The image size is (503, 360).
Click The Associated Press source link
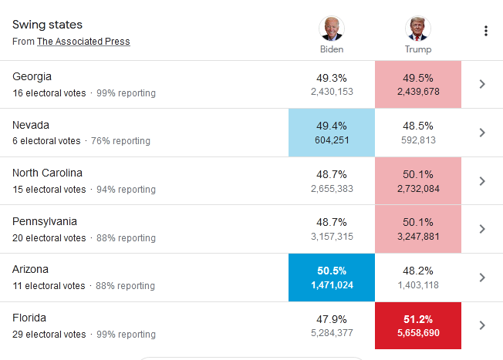coord(83,42)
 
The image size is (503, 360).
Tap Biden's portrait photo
coord(332,29)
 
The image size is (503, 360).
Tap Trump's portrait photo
coord(417,29)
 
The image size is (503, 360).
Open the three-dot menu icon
coord(485,31)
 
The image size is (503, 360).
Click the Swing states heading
coord(47,25)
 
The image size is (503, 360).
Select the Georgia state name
coord(32,76)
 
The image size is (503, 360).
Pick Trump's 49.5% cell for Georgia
coord(417,84)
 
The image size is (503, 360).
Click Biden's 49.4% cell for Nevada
coord(332,133)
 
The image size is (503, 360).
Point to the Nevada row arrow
coord(482,133)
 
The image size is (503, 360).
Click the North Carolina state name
coord(47,173)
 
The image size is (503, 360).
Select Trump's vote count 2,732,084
coord(417,189)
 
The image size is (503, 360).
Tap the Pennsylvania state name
coord(45,221)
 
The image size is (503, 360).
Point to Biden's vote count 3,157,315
coord(332,237)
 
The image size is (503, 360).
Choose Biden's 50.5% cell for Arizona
coord(332,278)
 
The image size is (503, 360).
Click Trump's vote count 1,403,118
coord(417,285)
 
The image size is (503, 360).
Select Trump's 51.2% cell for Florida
coord(417,325)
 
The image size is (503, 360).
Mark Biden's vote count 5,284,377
coord(332,333)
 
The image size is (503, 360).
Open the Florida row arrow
coord(482,325)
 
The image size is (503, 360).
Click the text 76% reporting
coord(121,141)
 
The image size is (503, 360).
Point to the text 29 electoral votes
coord(49,335)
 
